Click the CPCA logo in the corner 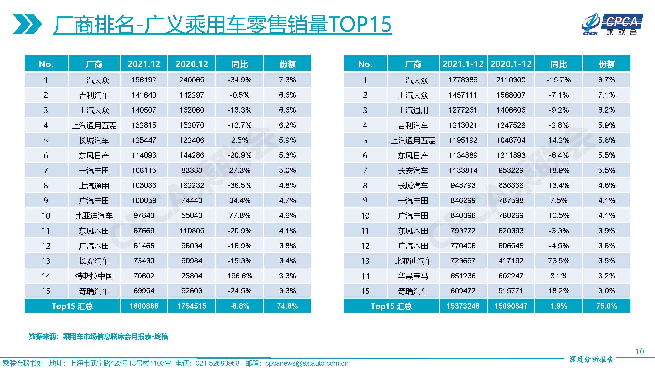click(x=612, y=24)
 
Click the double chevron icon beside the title click(x=27, y=24)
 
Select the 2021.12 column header click(x=144, y=64)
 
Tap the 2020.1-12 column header click(x=511, y=64)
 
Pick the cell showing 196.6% click(x=239, y=276)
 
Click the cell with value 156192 click(x=144, y=80)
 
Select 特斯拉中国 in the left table click(x=94, y=276)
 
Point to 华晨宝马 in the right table click(x=413, y=276)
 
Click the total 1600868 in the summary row click(x=144, y=306)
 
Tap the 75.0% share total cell click(x=606, y=306)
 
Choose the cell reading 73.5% click(x=559, y=261)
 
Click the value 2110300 click(x=511, y=80)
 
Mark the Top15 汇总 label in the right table click(x=391, y=306)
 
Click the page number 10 click(x=640, y=351)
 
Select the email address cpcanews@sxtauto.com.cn click(x=307, y=363)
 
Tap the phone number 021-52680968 click(x=217, y=363)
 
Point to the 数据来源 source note click(x=98, y=337)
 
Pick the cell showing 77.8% click(x=239, y=216)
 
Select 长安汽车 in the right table click(x=413, y=171)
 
